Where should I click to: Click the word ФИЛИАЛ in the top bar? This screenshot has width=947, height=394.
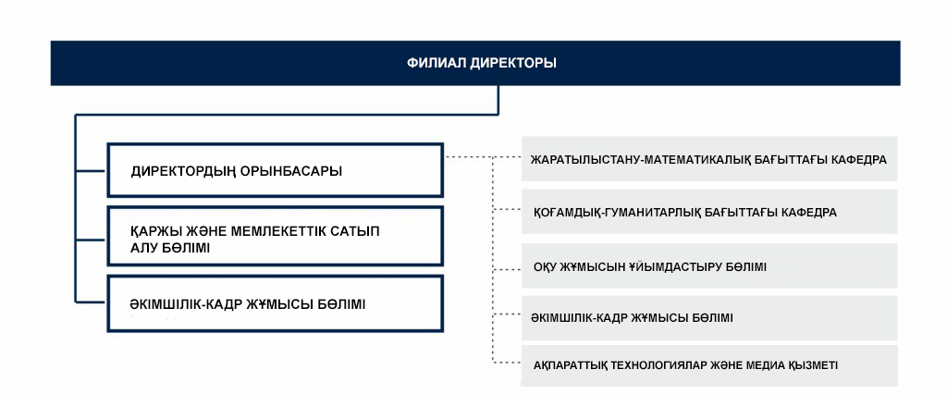pyautogui.click(x=436, y=64)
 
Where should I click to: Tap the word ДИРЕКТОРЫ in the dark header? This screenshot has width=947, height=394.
pyautogui.click(x=513, y=64)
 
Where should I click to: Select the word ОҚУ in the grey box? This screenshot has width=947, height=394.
pyautogui.click(x=545, y=267)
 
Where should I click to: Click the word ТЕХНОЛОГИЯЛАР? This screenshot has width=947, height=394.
pyautogui.click(x=670, y=365)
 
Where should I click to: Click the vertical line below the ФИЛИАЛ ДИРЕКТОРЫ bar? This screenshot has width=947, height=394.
pyautogui.click(x=499, y=100)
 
